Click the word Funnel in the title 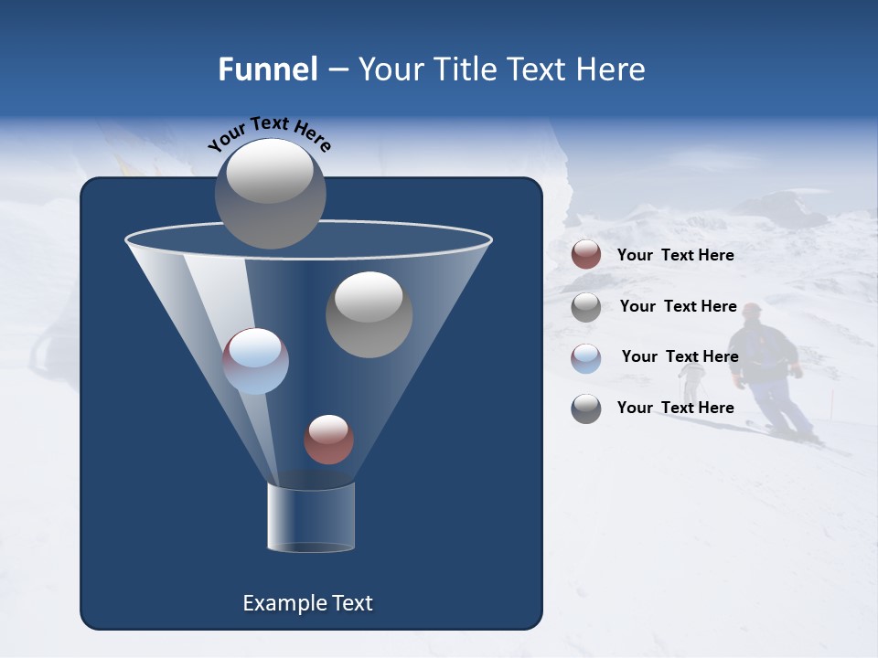[x=267, y=69]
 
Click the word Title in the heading [x=465, y=69]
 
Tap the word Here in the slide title [x=612, y=69]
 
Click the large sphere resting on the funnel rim [x=271, y=193]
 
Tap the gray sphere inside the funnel [x=369, y=314]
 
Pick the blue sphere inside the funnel [x=256, y=361]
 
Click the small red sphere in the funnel [x=328, y=439]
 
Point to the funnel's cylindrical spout [x=311, y=517]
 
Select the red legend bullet [x=586, y=255]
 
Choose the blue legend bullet [x=586, y=358]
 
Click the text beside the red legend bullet [x=675, y=255]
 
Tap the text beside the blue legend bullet [x=680, y=356]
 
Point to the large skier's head [x=752, y=313]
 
